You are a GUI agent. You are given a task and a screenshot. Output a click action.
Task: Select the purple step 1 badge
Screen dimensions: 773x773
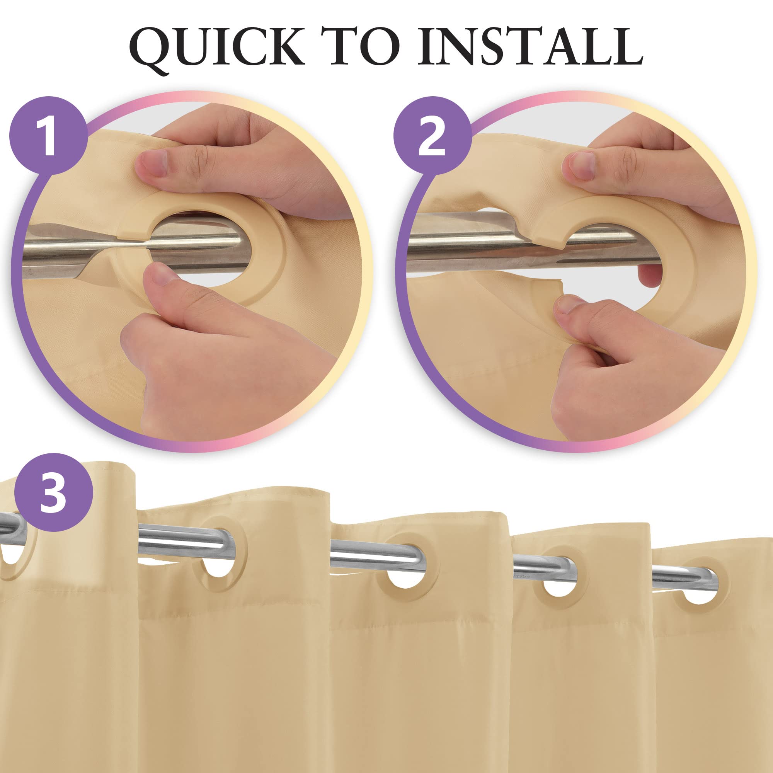(48, 135)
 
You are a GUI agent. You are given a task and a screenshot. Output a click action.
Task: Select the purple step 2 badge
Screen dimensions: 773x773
(432, 135)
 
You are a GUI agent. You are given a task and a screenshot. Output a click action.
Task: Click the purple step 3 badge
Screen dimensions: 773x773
(54, 492)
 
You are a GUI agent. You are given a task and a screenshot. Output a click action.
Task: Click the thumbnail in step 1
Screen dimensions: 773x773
(160, 276)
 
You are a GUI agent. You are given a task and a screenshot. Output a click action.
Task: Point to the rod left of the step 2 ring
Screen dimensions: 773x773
(472, 240)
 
